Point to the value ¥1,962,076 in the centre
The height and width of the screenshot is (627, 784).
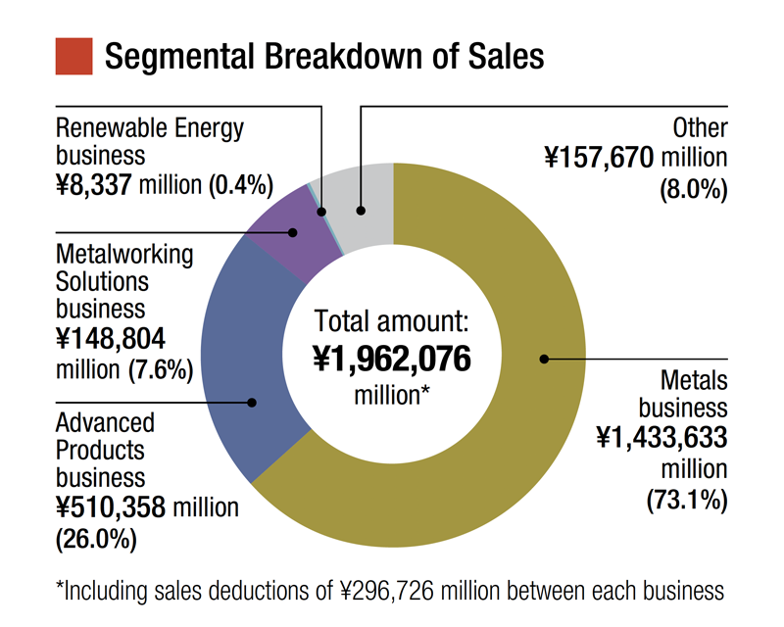click(393, 360)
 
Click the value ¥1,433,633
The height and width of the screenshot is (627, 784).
click(662, 438)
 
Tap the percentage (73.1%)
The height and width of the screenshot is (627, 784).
click(687, 500)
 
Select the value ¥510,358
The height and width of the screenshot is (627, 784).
click(112, 507)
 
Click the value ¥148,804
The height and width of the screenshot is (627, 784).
click(111, 339)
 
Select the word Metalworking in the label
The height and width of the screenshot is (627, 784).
click(124, 255)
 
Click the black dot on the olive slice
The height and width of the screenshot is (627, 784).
click(544, 359)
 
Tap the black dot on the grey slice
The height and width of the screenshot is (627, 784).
click(361, 210)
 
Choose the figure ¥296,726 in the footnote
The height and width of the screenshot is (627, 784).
click(389, 591)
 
